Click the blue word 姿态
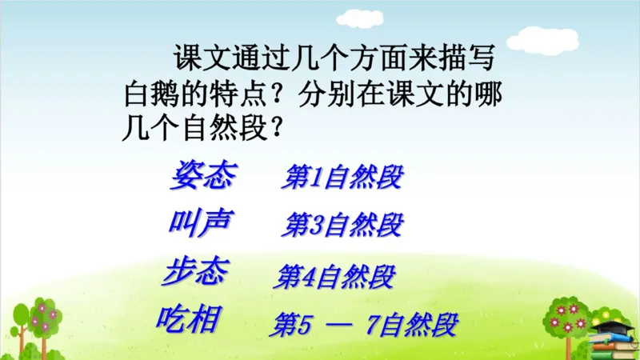click(202, 176)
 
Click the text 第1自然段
click(342, 178)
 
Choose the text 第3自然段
click(342, 226)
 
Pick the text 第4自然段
click(334, 277)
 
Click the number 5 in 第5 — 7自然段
click(302, 326)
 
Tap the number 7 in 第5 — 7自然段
click(370, 326)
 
